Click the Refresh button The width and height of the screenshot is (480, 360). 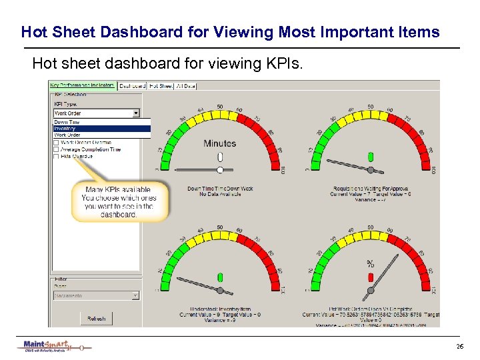96,319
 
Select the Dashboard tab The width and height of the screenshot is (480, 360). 133,86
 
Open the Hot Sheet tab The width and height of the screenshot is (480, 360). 161,86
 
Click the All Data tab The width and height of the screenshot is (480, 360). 185,86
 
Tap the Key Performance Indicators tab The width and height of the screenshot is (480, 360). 83,86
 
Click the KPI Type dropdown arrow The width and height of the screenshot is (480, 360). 136,113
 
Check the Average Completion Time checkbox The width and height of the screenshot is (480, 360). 56,149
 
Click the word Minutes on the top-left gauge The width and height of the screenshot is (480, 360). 220,143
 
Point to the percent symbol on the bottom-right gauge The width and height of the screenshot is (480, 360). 371,263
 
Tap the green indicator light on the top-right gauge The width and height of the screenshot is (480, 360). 371,157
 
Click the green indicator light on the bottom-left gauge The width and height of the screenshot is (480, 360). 220,276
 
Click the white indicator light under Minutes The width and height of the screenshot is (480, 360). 220,157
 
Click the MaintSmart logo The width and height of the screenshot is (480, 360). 47,345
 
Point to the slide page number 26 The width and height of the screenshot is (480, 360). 459,347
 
